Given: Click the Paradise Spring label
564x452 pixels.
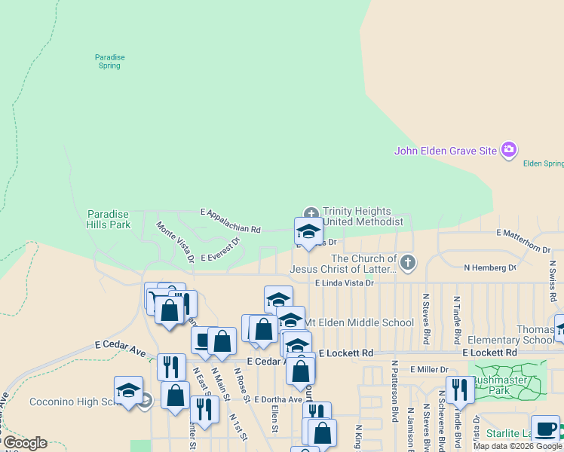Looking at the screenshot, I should coord(109,61).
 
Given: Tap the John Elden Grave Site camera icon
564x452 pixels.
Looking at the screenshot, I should coord(509,150).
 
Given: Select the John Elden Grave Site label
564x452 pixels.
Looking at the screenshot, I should coord(446,151).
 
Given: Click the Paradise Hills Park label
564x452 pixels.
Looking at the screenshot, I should coord(109,219).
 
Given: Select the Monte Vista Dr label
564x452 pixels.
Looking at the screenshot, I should coord(176,241).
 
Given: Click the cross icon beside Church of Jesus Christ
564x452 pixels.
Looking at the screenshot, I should coord(408,263).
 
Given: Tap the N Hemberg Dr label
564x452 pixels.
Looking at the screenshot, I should coord(490,267).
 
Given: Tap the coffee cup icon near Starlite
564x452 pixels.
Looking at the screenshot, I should coord(545,428).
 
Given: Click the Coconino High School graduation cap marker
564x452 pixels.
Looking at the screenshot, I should coord(128,391).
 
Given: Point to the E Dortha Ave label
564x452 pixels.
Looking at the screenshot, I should coord(277,399).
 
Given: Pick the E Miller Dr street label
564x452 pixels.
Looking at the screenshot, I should coord(429,369).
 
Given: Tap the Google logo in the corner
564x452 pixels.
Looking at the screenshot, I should coord(24,443).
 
